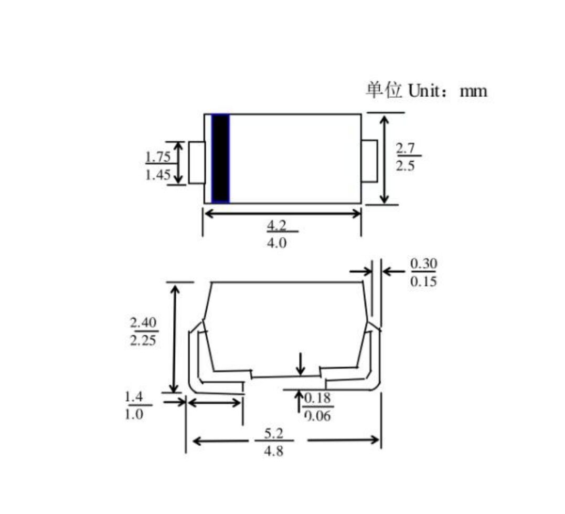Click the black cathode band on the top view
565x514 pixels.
coord(220,159)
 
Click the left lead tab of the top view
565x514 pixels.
coord(197,163)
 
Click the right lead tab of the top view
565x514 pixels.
coord(369,161)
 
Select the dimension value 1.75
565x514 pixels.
coord(157,156)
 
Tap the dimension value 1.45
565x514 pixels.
coord(157,175)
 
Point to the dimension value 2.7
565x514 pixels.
coord(405,148)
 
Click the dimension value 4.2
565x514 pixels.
coord(277,225)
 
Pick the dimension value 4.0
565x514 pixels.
coord(277,244)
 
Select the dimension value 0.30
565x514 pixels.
coord(423,263)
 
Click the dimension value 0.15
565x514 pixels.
coord(423,282)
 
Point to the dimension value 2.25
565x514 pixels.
coord(143,340)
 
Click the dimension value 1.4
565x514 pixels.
coord(134,396)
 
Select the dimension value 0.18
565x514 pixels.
coord(318,398)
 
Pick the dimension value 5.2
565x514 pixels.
coord(274,434)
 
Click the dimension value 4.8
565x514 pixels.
coord(274,451)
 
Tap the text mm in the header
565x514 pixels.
coord(473,91)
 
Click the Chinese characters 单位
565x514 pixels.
coord(384,90)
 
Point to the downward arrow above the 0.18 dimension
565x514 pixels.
coord(301,364)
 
